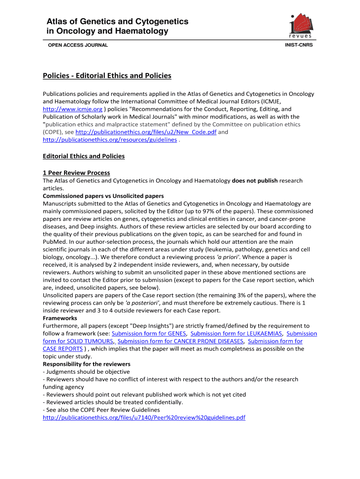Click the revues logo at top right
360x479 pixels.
(301, 26)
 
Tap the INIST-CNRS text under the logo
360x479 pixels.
(299, 45)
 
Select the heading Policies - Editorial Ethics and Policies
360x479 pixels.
(107, 76)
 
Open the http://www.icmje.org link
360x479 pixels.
(72, 109)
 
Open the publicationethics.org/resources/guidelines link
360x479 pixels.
(110, 139)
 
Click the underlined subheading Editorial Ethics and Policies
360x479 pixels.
(84, 156)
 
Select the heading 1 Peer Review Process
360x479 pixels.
(76, 173)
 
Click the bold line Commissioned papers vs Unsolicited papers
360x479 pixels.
(103, 196)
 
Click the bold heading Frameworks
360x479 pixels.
(60, 318)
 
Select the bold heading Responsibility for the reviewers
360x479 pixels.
(86, 364)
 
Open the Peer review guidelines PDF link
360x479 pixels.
(144, 417)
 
